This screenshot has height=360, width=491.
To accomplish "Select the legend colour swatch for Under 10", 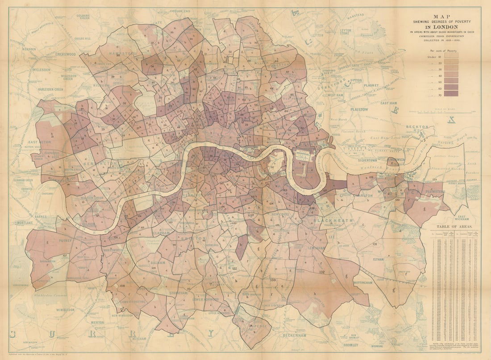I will tap(451, 57).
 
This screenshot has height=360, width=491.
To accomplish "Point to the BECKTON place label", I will tap(417, 127).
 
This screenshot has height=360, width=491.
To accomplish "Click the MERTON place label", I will tap(97, 322).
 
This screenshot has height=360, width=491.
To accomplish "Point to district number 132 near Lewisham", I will tap(321, 272).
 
